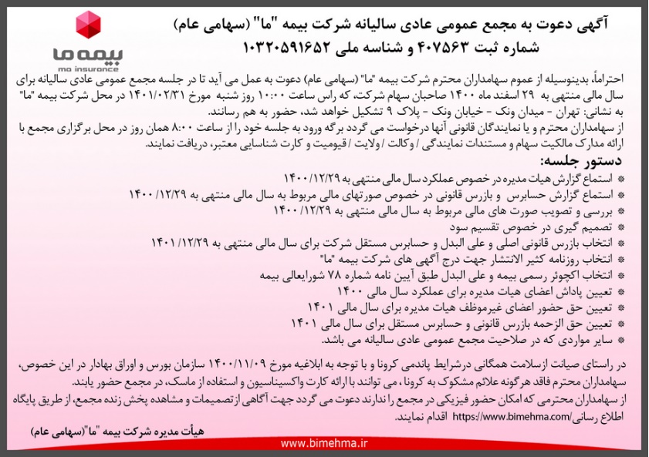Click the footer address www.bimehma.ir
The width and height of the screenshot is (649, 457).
[x=324, y=443]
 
